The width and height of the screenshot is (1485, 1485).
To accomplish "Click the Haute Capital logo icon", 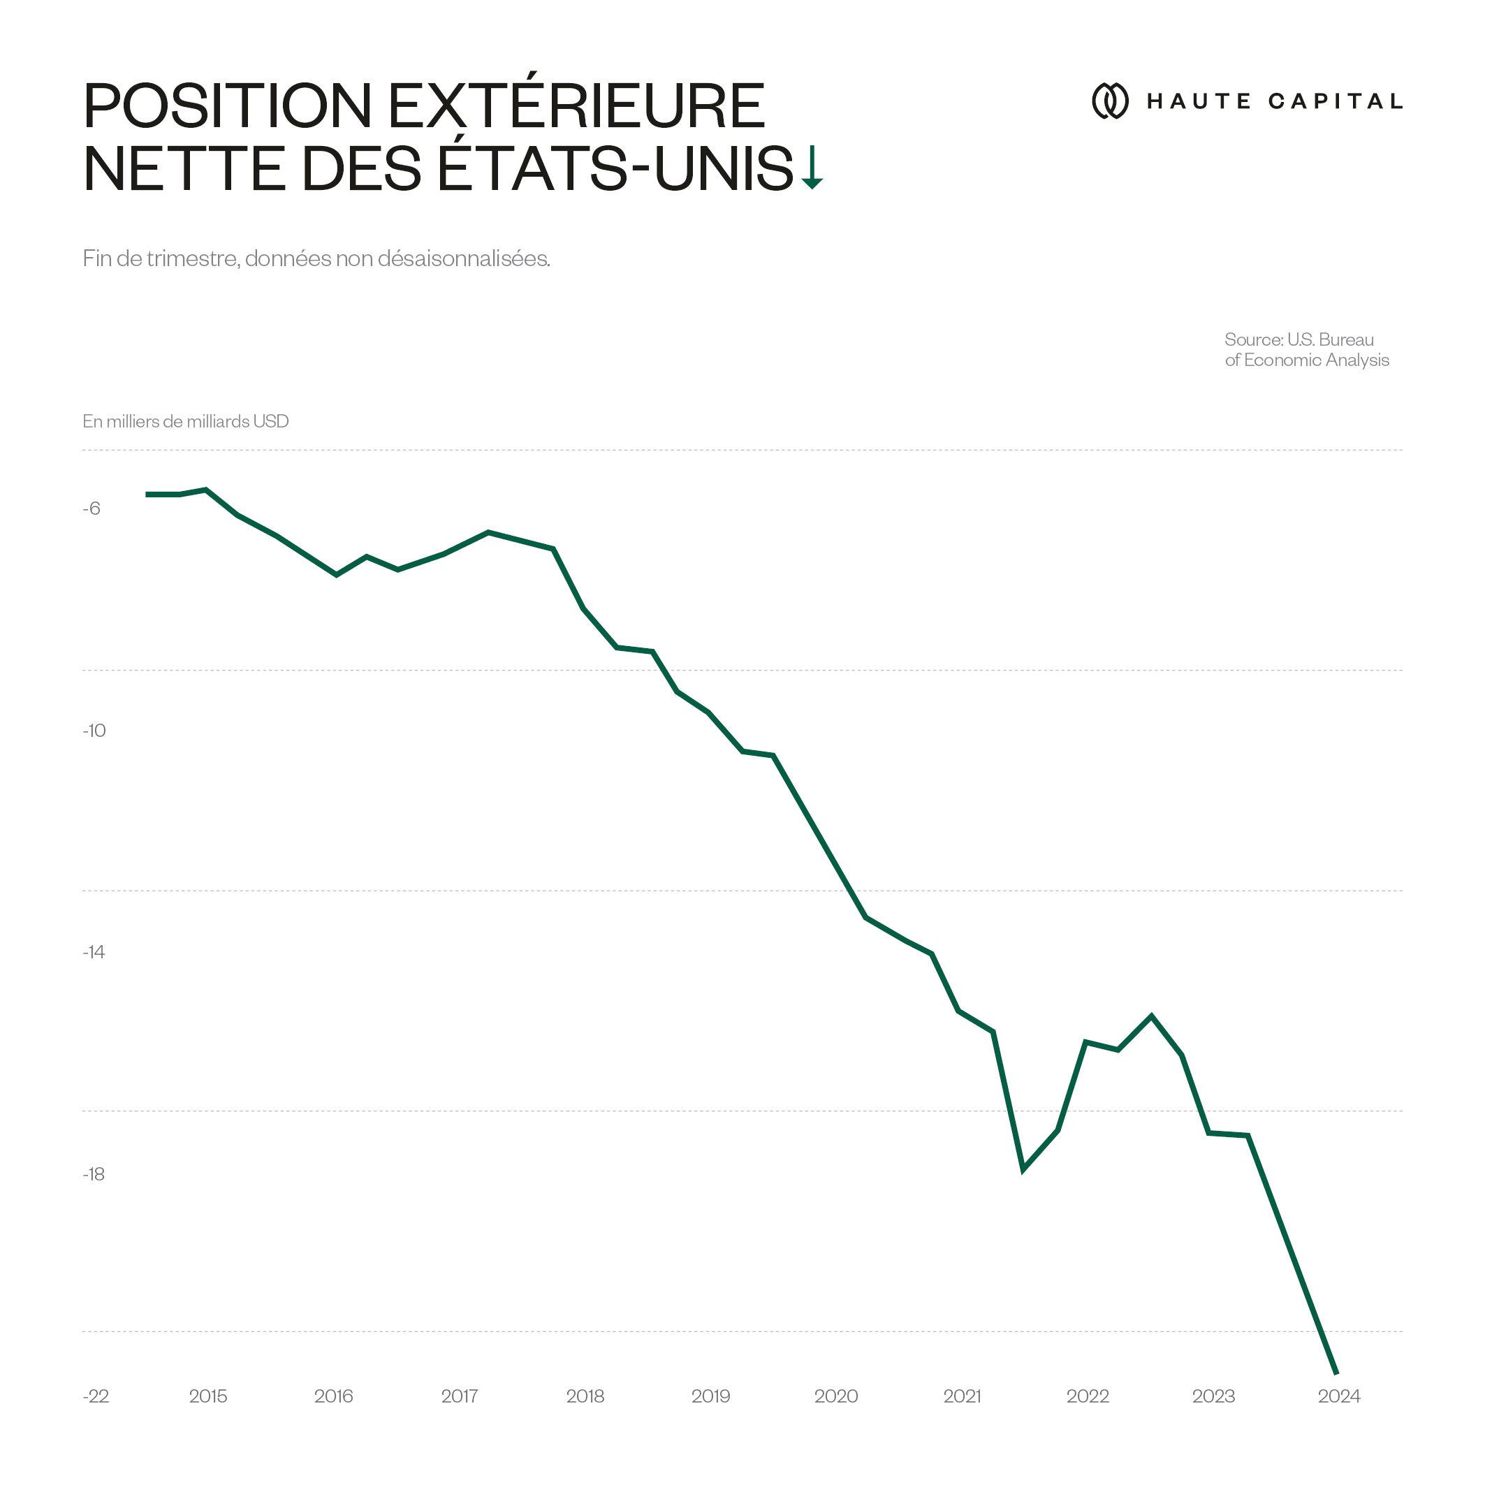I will pos(1110,101).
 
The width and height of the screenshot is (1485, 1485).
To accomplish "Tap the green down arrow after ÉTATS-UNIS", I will pos(812,168).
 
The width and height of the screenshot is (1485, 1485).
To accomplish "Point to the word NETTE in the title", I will pos(184,168).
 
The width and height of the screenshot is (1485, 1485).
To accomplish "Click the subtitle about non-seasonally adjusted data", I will pos(316,258).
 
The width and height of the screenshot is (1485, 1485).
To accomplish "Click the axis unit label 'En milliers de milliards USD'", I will pos(185,421).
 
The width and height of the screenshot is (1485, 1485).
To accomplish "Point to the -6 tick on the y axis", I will pos(92,509).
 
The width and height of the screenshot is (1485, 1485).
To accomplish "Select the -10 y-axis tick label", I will pos(94,730).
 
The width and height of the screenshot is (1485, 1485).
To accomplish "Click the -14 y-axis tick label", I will pos(94,952).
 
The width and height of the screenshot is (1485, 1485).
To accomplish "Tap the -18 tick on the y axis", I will pos(94,1173).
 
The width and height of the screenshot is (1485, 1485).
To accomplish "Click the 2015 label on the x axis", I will pos(207,1396).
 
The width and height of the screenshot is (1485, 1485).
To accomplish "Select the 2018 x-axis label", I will pos(585,1396).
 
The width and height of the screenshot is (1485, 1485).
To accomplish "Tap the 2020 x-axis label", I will pos(835,1396).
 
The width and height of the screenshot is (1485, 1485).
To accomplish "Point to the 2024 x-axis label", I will pos(1339,1396).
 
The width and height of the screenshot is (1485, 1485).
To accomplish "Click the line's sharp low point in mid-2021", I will pos(1023,1170).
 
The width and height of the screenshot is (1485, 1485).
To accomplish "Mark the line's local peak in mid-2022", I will pos(1151,1016).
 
